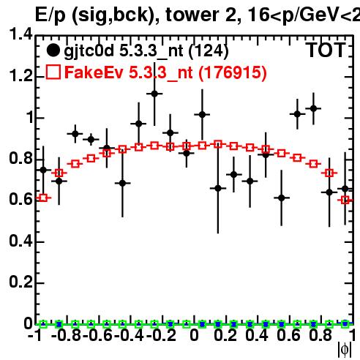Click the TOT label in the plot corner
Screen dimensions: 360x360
point(326,50)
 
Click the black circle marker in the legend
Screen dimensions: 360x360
point(53,50)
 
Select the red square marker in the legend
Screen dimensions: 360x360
point(53,72)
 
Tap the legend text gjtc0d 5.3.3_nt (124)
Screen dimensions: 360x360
point(146,51)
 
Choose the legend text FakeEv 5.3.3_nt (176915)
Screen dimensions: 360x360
point(165,72)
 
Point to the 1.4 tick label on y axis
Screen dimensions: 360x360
point(20,34)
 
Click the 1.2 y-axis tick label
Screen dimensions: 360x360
point(20,76)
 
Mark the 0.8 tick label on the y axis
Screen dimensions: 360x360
point(20,158)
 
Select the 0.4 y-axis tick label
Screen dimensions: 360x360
point(20,241)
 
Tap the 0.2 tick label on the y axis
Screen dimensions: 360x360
point(20,282)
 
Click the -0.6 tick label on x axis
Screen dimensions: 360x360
point(97,336)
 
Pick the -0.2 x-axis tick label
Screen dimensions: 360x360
point(161,336)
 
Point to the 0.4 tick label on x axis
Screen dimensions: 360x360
point(257,336)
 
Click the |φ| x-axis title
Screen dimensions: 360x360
point(344,350)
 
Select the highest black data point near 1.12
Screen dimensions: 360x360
point(154,94)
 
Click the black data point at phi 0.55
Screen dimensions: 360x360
point(282,198)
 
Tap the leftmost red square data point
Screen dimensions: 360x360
point(43,198)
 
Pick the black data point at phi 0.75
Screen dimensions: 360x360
point(313,108)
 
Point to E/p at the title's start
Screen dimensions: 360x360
point(50,16)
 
